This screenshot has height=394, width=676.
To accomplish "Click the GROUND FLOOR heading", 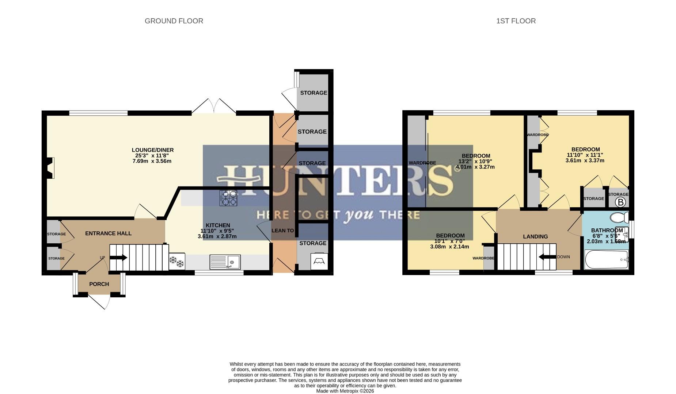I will [174, 21].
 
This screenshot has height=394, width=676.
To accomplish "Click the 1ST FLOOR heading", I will [516, 21].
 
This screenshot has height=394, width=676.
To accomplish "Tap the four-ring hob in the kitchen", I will [228, 198].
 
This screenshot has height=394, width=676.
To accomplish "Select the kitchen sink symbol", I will [225, 262].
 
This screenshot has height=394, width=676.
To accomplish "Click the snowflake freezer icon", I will [177, 262].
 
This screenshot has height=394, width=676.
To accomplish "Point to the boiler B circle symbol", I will [621, 202].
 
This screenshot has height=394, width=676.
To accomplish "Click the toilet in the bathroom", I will [619, 217].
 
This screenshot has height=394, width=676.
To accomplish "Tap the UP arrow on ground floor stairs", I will [118, 258].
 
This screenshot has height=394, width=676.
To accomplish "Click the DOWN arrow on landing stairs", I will [547, 257].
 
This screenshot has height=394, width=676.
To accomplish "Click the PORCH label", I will [99, 284].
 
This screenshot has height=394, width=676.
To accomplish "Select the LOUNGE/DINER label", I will [153, 150].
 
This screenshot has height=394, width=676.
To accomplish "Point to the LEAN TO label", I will [283, 231].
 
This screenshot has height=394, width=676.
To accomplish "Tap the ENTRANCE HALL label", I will [108, 233].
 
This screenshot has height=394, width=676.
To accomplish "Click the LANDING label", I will [535, 236].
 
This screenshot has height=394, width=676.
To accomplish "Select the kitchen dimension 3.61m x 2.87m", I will [217, 236].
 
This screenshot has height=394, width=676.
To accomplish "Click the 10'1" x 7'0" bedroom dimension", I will [449, 241].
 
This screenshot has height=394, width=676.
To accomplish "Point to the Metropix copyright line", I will [345, 391].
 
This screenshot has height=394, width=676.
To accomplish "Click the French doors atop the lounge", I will [214, 107].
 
